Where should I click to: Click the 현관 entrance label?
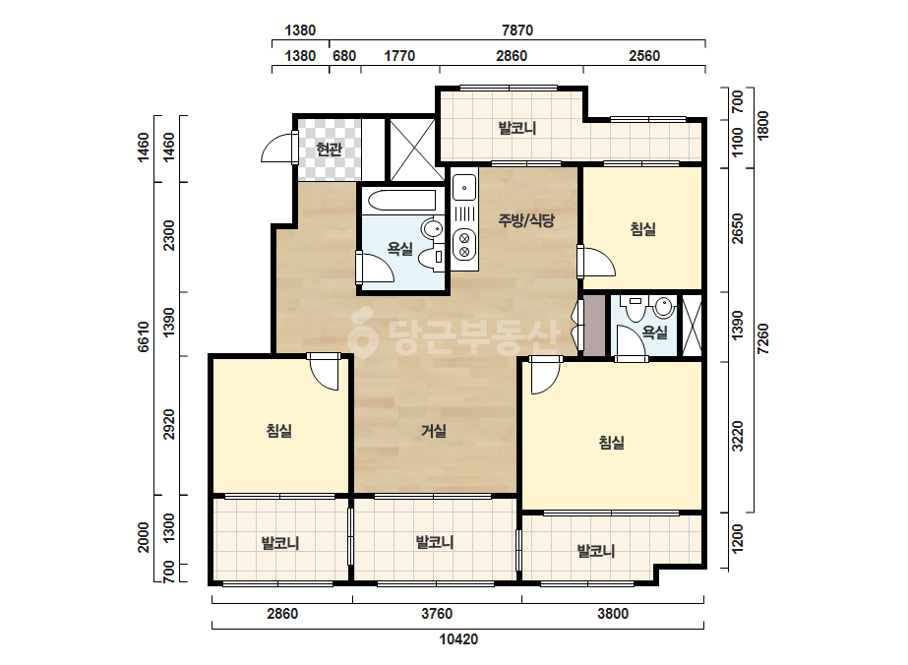coord(329,151)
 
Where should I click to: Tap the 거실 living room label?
coord(434,431)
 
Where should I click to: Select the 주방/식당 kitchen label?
coord(526,220)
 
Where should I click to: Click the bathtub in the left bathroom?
coord(402,200)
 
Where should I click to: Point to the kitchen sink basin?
coord(464,188)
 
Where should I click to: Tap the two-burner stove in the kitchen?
coord(464,243)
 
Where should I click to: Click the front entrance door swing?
coord(279,149)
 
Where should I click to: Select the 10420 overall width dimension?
coord(458,639)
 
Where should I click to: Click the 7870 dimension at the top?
coord(517,30)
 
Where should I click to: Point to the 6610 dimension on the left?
coord(143,336)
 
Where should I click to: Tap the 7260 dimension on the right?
coord(763,339)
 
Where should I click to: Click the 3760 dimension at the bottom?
coord(437,614)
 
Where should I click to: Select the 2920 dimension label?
coord(168,424)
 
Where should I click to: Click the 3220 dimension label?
coord(737,437)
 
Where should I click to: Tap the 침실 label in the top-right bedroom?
coord(642,229)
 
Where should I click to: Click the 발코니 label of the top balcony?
coord(517,128)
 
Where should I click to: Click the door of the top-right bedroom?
coord(597,263)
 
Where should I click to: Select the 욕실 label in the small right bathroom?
coord(655,332)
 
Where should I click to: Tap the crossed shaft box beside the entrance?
coord(412,151)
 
